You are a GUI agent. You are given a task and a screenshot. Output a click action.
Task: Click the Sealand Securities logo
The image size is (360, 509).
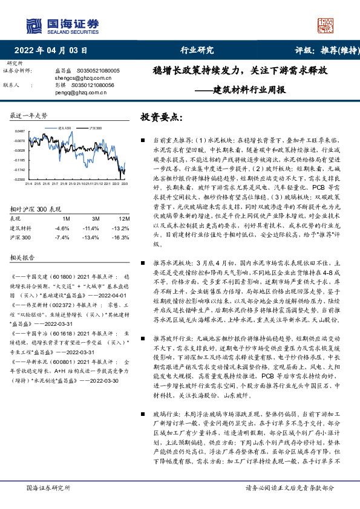point(62,24)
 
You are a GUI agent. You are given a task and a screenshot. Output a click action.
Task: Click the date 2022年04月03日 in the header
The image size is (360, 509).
point(54,50)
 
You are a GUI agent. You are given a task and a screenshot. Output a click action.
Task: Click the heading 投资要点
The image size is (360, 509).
point(161,117)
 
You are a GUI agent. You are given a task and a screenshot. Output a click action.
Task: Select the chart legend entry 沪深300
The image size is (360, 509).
point(95,129)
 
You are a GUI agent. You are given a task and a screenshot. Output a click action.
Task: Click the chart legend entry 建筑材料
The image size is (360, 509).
point(65,129)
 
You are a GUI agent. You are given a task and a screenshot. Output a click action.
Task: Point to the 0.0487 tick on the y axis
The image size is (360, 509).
point(20,131)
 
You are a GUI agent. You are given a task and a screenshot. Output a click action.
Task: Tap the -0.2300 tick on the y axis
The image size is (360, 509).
point(20,180)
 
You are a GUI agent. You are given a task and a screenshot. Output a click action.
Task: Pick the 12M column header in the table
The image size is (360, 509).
point(125,218)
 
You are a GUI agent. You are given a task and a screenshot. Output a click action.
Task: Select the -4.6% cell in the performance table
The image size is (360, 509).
point(62,228)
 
